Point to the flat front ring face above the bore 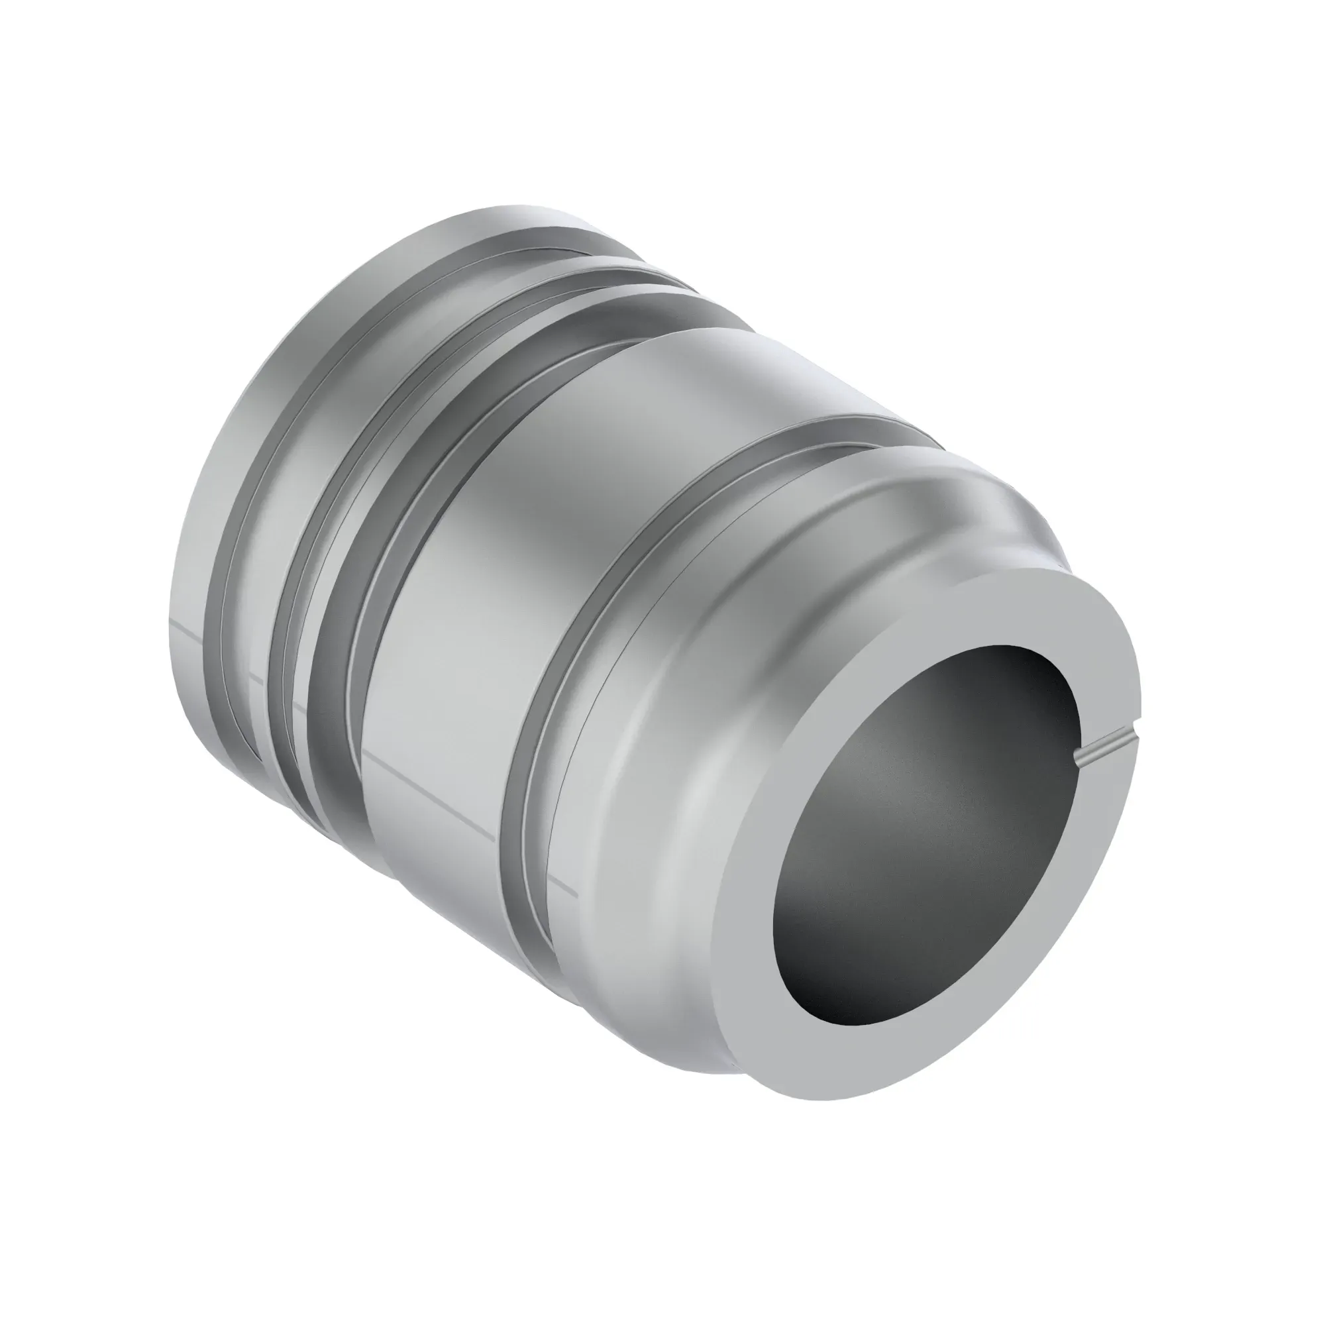tap(1015, 617)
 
